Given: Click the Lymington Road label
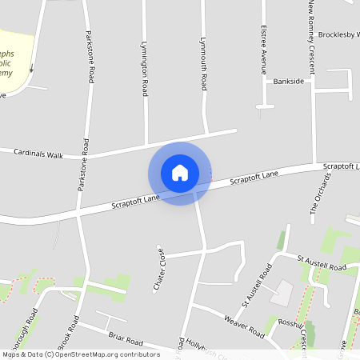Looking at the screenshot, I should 145,70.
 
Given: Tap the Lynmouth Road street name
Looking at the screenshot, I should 204,63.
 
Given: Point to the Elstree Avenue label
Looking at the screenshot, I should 263,49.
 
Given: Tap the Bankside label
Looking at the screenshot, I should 289,82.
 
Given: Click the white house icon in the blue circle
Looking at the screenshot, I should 180,173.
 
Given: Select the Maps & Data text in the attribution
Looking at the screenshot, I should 22,354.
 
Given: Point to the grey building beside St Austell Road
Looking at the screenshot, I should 282,294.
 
